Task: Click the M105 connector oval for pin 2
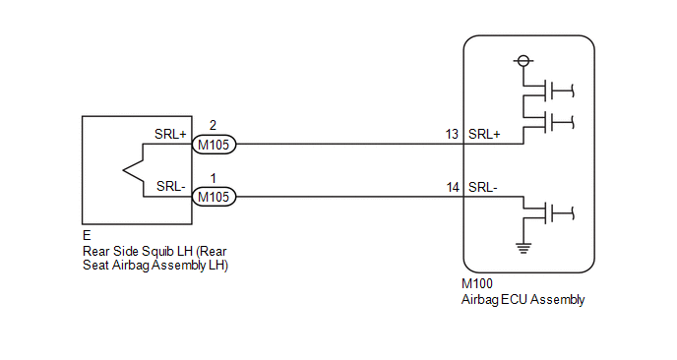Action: point(214,145)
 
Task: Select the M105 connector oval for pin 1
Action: point(214,197)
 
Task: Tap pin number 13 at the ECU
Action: point(452,134)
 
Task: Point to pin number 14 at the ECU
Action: point(453,187)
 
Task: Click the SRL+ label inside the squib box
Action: point(170,134)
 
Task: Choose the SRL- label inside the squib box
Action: point(171,187)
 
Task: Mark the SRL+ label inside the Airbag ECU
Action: point(484,134)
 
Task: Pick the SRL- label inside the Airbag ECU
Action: point(483,187)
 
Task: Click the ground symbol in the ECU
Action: point(523,248)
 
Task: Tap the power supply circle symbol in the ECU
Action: point(523,61)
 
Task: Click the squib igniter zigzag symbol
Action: point(134,170)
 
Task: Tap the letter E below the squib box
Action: point(87,235)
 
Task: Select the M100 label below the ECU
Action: point(476,283)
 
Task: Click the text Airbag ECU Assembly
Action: point(523,300)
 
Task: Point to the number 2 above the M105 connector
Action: point(213,125)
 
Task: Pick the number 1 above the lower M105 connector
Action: point(213,178)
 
